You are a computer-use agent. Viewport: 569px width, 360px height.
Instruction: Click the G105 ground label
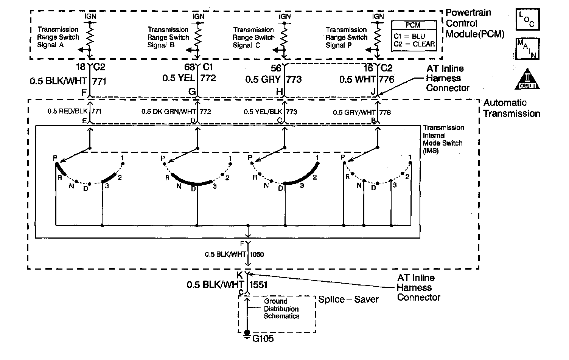coord(263,338)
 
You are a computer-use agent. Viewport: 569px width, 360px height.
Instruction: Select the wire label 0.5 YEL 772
coord(189,78)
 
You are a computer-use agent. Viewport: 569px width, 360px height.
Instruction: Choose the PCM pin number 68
coord(189,67)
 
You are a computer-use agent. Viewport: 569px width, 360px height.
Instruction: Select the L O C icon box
coord(527,20)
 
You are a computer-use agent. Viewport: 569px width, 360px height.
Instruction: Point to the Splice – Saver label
coord(348,299)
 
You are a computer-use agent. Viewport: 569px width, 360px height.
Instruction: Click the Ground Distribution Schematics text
coord(281,309)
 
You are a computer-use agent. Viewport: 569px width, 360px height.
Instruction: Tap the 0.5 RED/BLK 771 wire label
coord(75,112)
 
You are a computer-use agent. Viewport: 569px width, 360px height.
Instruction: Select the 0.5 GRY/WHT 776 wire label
coord(362,112)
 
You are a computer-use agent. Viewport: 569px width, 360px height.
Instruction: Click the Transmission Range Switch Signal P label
coord(346,37)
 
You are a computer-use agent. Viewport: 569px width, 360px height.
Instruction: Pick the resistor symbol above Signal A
coord(90,37)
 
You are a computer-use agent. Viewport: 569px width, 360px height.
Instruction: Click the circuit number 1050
coord(257,254)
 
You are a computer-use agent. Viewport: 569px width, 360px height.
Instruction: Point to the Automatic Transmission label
coord(511,108)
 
